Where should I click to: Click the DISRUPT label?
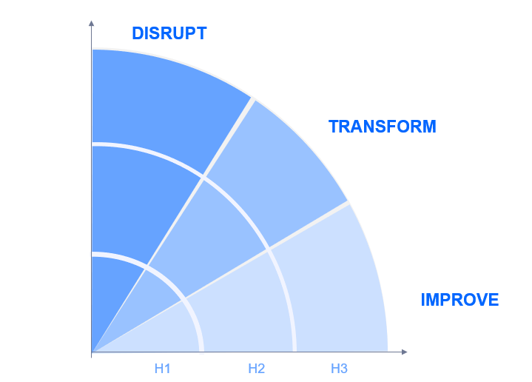tap(169, 33)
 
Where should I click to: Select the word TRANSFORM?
tap(382, 127)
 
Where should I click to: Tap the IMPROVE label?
tap(459, 300)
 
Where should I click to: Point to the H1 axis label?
tap(162, 369)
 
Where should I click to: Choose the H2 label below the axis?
tap(256, 369)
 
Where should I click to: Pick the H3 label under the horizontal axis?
tap(339, 369)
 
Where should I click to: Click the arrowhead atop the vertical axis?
tap(91, 23)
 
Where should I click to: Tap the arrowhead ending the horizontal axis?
tap(404, 352)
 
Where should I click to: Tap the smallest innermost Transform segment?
tap(149, 295)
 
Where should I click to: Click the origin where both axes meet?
tap(92, 352)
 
